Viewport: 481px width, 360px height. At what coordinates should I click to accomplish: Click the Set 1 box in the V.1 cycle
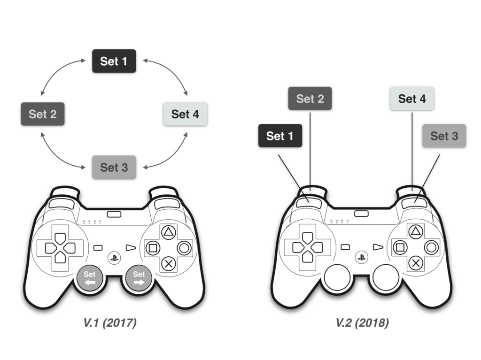(x=114, y=61)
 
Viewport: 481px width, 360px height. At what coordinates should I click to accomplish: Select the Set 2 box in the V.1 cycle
(x=43, y=114)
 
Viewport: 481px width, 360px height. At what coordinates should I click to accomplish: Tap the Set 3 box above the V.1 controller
(x=114, y=167)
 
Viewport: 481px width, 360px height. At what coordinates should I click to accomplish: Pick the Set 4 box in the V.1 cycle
(x=185, y=114)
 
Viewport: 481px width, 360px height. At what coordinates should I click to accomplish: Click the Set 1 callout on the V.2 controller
(x=280, y=136)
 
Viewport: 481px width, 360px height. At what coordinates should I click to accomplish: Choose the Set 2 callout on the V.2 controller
(x=310, y=99)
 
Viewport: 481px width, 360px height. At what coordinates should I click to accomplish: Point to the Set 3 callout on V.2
(x=444, y=136)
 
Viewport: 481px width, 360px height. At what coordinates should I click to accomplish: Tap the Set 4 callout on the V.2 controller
(x=412, y=99)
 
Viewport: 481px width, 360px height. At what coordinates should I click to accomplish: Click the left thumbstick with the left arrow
(x=90, y=278)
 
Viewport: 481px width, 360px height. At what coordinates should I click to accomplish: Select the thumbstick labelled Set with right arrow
(x=139, y=278)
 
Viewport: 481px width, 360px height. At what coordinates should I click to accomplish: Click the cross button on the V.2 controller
(x=415, y=263)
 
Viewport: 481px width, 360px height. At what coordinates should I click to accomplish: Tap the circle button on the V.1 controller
(x=184, y=247)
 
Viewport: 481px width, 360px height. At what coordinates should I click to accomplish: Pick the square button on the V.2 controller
(x=400, y=247)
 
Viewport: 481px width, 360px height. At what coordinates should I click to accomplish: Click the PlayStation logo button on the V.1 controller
(x=114, y=257)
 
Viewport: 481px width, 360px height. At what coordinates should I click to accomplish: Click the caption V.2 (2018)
(x=362, y=323)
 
